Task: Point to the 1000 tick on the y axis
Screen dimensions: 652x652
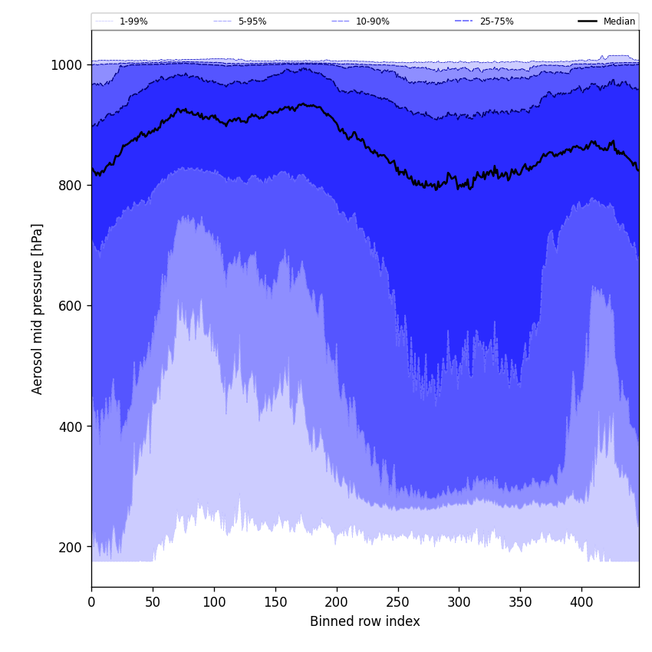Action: pyautogui.click(x=67, y=65)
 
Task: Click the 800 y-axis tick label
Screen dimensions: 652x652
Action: pyautogui.click(x=71, y=186)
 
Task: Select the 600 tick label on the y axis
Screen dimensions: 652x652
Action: pyautogui.click(x=71, y=306)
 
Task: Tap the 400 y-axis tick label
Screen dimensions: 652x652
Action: pyautogui.click(x=71, y=426)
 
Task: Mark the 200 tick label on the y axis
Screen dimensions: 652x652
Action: pyautogui.click(x=71, y=547)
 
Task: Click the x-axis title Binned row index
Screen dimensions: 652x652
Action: pyautogui.click(x=365, y=622)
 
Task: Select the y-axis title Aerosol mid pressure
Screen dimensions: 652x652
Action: pyautogui.click(x=38, y=308)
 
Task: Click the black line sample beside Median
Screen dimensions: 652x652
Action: pyautogui.click(x=588, y=21)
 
